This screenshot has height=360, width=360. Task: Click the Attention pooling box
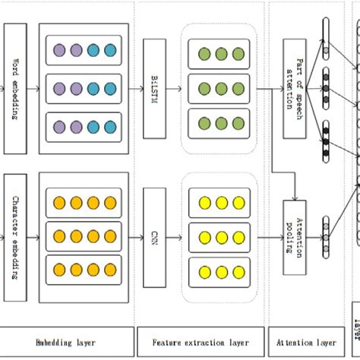pyautogui.click(x=295, y=237)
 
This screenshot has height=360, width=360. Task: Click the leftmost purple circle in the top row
pyautogui.click(x=59, y=50)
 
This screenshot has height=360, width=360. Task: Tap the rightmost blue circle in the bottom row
pyautogui.click(x=110, y=124)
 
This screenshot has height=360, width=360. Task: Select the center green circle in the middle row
pyautogui.click(x=221, y=87)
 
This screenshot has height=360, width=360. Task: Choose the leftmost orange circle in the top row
pyautogui.click(x=59, y=203)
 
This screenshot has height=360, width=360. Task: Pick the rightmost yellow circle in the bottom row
pyautogui.click(x=238, y=271)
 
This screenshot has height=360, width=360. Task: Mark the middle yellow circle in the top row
pyautogui.click(x=221, y=203)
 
